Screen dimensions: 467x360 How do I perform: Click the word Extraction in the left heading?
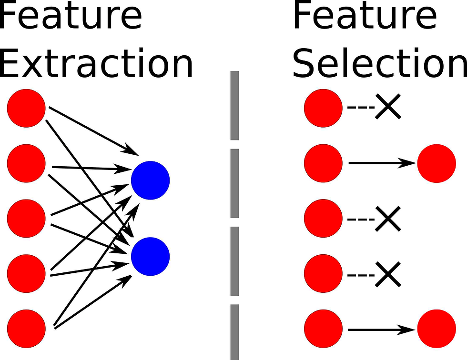[96, 63]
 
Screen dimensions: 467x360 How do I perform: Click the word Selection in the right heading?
[380, 63]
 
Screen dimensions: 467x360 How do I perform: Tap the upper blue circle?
[151, 180]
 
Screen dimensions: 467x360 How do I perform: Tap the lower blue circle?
[151, 257]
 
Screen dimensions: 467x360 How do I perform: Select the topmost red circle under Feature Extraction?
[26, 108]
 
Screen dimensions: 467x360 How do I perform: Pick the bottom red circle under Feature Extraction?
[26, 329]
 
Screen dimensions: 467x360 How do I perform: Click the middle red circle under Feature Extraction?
[26, 219]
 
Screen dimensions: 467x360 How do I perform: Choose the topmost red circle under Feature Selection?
[323, 108]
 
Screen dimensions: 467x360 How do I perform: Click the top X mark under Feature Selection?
[388, 107]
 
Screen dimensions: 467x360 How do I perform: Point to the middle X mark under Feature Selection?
[388, 219]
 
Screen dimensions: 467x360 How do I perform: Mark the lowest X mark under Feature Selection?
[388, 274]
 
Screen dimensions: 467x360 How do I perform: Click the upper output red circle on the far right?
[437, 163]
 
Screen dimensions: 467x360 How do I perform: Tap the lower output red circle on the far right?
[437, 329]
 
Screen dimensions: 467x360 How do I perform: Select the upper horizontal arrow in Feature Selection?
[382, 163]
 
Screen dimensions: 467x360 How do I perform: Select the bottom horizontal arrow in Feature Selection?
[382, 330]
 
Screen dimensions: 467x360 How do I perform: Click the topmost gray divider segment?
[234, 105]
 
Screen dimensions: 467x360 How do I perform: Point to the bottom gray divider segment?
[234, 332]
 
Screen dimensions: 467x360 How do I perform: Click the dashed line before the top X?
[361, 107]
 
